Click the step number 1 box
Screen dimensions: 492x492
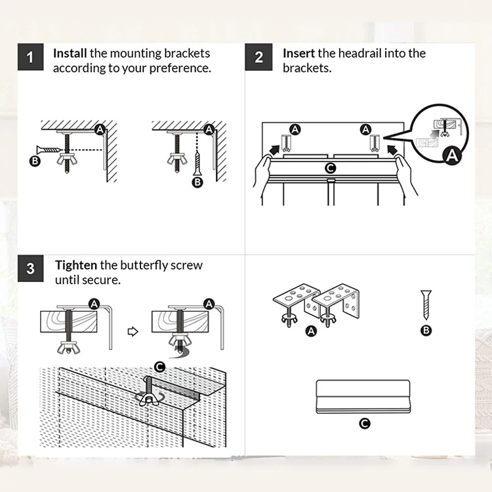(x=30, y=57)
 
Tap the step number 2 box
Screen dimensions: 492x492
(x=258, y=57)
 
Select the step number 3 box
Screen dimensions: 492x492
(x=30, y=268)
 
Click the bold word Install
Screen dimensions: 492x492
(x=70, y=53)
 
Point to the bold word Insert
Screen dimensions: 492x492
(x=298, y=53)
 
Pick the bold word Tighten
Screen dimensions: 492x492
(x=76, y=266)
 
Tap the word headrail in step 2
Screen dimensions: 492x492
(x=359, y=53)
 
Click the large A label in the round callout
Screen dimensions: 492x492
(x=452, y=155)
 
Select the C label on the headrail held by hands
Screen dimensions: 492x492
(x=330, y=168)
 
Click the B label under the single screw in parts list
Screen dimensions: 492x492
(x=426, y=330)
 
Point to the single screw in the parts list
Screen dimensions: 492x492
(x=426, y=304)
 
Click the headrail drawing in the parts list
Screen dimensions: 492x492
(x=363, y=397)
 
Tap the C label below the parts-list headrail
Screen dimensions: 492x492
(x=364, y=424)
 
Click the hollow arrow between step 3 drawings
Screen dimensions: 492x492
(x=133, y=331)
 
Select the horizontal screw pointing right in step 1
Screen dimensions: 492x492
(x=49, y=150)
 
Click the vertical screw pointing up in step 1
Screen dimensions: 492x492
(x=197, y=163)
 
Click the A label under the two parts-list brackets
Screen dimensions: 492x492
(x=311, y=331)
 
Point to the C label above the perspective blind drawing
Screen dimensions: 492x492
(x=159, y=367)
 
